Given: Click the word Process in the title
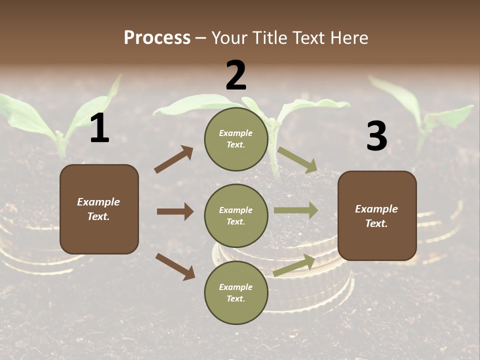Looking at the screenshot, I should tap(157, 38).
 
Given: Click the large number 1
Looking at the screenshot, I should tap(99, 128).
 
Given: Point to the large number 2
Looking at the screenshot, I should tap(236, 75).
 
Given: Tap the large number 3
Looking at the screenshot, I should tap(376, 136).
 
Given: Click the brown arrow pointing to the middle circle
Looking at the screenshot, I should tap(175, 211).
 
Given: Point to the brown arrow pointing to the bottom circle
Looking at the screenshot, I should tap(175, 266).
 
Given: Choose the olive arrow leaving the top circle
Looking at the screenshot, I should tap(297, 159).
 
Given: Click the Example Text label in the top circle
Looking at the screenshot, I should tap(236, 139).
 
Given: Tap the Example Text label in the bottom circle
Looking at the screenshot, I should tap(236, 293).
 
